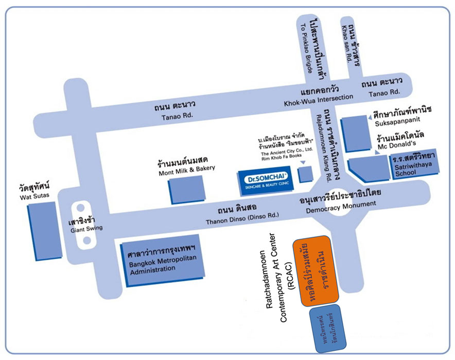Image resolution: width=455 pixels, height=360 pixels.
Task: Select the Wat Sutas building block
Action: tap(41, 229)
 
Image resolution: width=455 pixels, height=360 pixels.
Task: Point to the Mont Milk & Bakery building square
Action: tap(186, 189)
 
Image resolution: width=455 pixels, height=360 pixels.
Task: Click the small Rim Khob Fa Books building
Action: tap(306, 174)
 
